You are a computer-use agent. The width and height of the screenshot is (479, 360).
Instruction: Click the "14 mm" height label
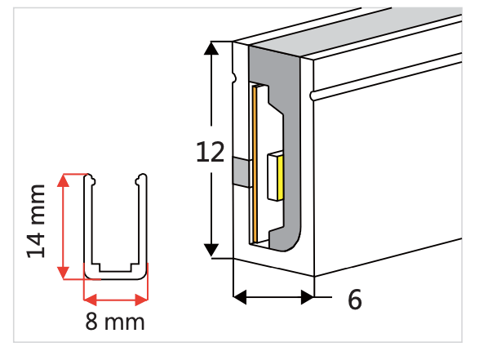pyautogui.click(x=36, y=221)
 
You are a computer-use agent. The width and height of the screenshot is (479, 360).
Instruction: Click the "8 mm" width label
pyautogui.click(x=115, y=322)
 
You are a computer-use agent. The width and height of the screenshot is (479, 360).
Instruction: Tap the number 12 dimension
pyautogui.click(x=211, y=152)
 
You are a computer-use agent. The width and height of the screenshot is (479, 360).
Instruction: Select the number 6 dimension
pyautogui.click(x=355, y=300)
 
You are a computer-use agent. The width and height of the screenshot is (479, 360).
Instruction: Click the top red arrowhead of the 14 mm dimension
pyautogui.click(x=63, y=180)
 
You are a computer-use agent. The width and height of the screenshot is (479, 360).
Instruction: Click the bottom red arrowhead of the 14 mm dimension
pyautogui.click(x=63, y=273)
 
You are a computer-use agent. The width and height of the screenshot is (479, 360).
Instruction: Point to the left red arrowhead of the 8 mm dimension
pyautogui.click(x=90, y=300)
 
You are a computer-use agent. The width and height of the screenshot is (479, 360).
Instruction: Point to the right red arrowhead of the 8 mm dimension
pyautogui.click(x=141, y=300)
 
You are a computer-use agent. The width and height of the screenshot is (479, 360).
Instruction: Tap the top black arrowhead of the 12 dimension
pyautogui.click(x=211, y=48)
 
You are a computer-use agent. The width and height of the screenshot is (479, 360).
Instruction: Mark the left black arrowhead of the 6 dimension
pyautogui.click(x=240, y=297)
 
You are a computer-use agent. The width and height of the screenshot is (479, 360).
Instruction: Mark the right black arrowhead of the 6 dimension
pyautogui.click(x=308, y=297)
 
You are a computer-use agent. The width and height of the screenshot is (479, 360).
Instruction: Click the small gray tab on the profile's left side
pyautogui.click(x=242, y=171)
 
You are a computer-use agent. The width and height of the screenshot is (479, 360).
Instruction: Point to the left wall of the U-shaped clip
pyautogui.click(x=87, y=223)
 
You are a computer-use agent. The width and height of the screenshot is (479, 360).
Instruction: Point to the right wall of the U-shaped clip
pyautogui.click(x=143, y=223)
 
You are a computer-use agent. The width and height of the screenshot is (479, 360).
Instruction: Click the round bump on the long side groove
pyautogui.click(x=312, y=96)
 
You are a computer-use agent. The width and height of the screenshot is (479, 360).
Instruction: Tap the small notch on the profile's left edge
pyautogui.click(x=234, y=78)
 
